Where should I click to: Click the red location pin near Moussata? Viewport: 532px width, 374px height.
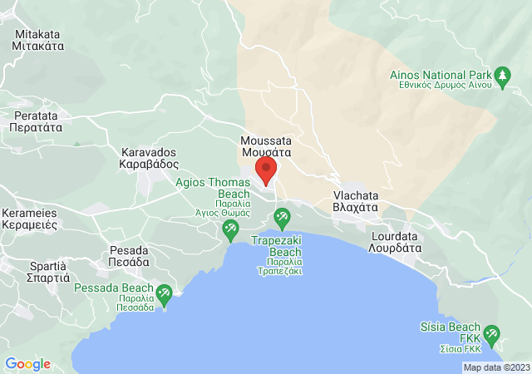point(266,169)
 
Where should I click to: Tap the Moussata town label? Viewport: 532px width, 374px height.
point(266,147)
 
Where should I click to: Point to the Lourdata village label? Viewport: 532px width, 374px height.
point(396,241)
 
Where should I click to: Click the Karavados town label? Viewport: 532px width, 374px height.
point(150,159)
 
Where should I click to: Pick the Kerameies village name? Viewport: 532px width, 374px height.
point(29,219)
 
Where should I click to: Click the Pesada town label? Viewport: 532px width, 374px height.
point(129,255)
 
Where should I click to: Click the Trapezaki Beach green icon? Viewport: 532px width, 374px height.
point(282,219)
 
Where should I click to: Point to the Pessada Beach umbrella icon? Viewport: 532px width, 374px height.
point(164,293)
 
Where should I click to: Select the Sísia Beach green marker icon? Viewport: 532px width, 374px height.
point(490,335)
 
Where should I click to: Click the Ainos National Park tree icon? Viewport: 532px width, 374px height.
point(501,78)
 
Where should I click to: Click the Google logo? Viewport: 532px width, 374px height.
point(27,363)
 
